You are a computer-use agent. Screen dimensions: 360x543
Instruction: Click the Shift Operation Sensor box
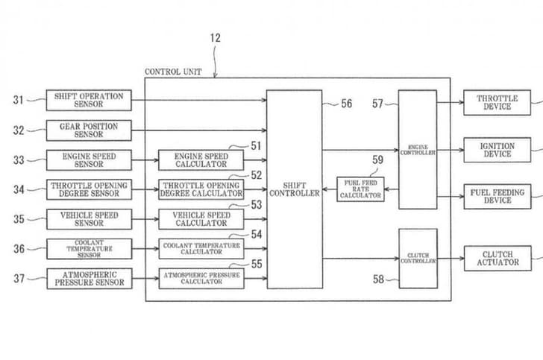tap(90, 101)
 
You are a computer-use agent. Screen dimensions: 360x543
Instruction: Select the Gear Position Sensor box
tap(90, 130)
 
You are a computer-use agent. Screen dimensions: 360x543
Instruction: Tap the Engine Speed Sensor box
tap(90, 160)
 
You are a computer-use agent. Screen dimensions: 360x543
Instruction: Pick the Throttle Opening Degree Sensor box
tap(90, 189)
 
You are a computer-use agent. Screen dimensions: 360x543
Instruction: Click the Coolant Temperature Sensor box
tap(90, 249)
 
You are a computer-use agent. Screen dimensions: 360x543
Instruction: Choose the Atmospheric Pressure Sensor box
tap(90, 279)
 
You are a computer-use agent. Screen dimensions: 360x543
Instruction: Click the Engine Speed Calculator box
tap(201, 160)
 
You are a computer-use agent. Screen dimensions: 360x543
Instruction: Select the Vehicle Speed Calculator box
tap(201, 218)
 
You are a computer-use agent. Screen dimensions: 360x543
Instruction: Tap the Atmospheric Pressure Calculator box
tap(201, 279)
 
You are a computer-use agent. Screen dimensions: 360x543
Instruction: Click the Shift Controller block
tap(295, 189)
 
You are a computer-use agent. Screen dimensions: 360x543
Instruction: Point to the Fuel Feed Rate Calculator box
tap(360, 189)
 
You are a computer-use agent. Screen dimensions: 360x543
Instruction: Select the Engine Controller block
tap(417, 150)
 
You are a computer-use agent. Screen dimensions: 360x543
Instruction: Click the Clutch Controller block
tap(417, 259)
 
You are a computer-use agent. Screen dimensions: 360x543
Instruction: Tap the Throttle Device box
tap(497, 102)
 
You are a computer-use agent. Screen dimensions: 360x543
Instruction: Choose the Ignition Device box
tap(497, 150)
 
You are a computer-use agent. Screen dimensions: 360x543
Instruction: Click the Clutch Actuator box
tap(497, 259)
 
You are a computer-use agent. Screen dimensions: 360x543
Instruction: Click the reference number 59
tap(377, 159)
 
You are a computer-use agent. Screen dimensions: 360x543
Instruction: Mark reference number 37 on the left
tap(19, 279)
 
